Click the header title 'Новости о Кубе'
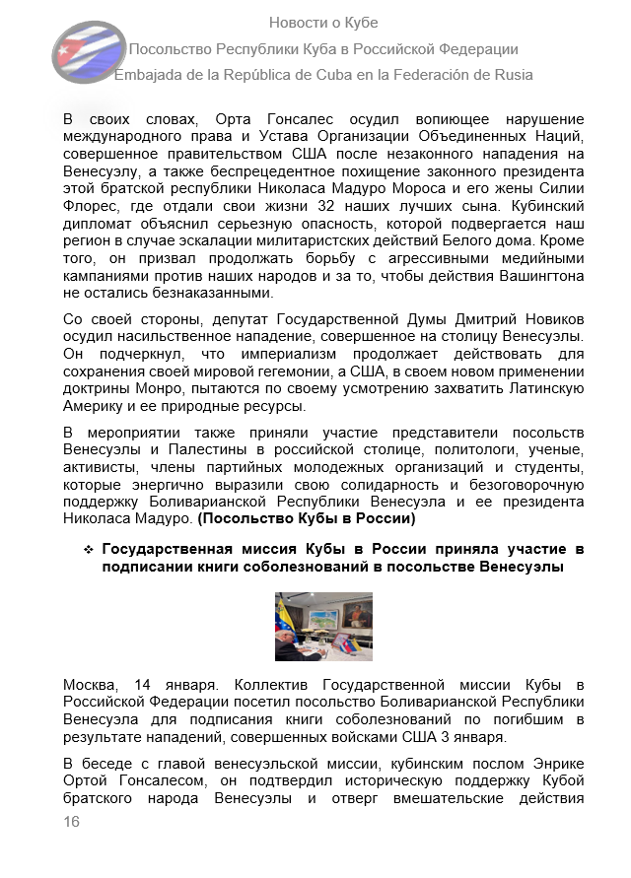pos(323,23)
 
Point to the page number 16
pos(71,822)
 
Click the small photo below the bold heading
pos(323,626)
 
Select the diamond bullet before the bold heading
pos(88,549)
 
